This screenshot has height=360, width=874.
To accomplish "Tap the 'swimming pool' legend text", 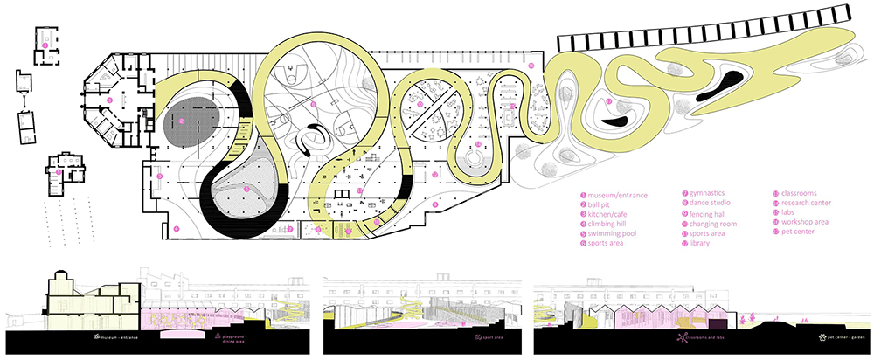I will [x=615, y=236].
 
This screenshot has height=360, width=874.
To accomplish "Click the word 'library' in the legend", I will [x=703, y=246].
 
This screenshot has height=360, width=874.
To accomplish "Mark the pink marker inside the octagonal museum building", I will [x=109, y=100].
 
